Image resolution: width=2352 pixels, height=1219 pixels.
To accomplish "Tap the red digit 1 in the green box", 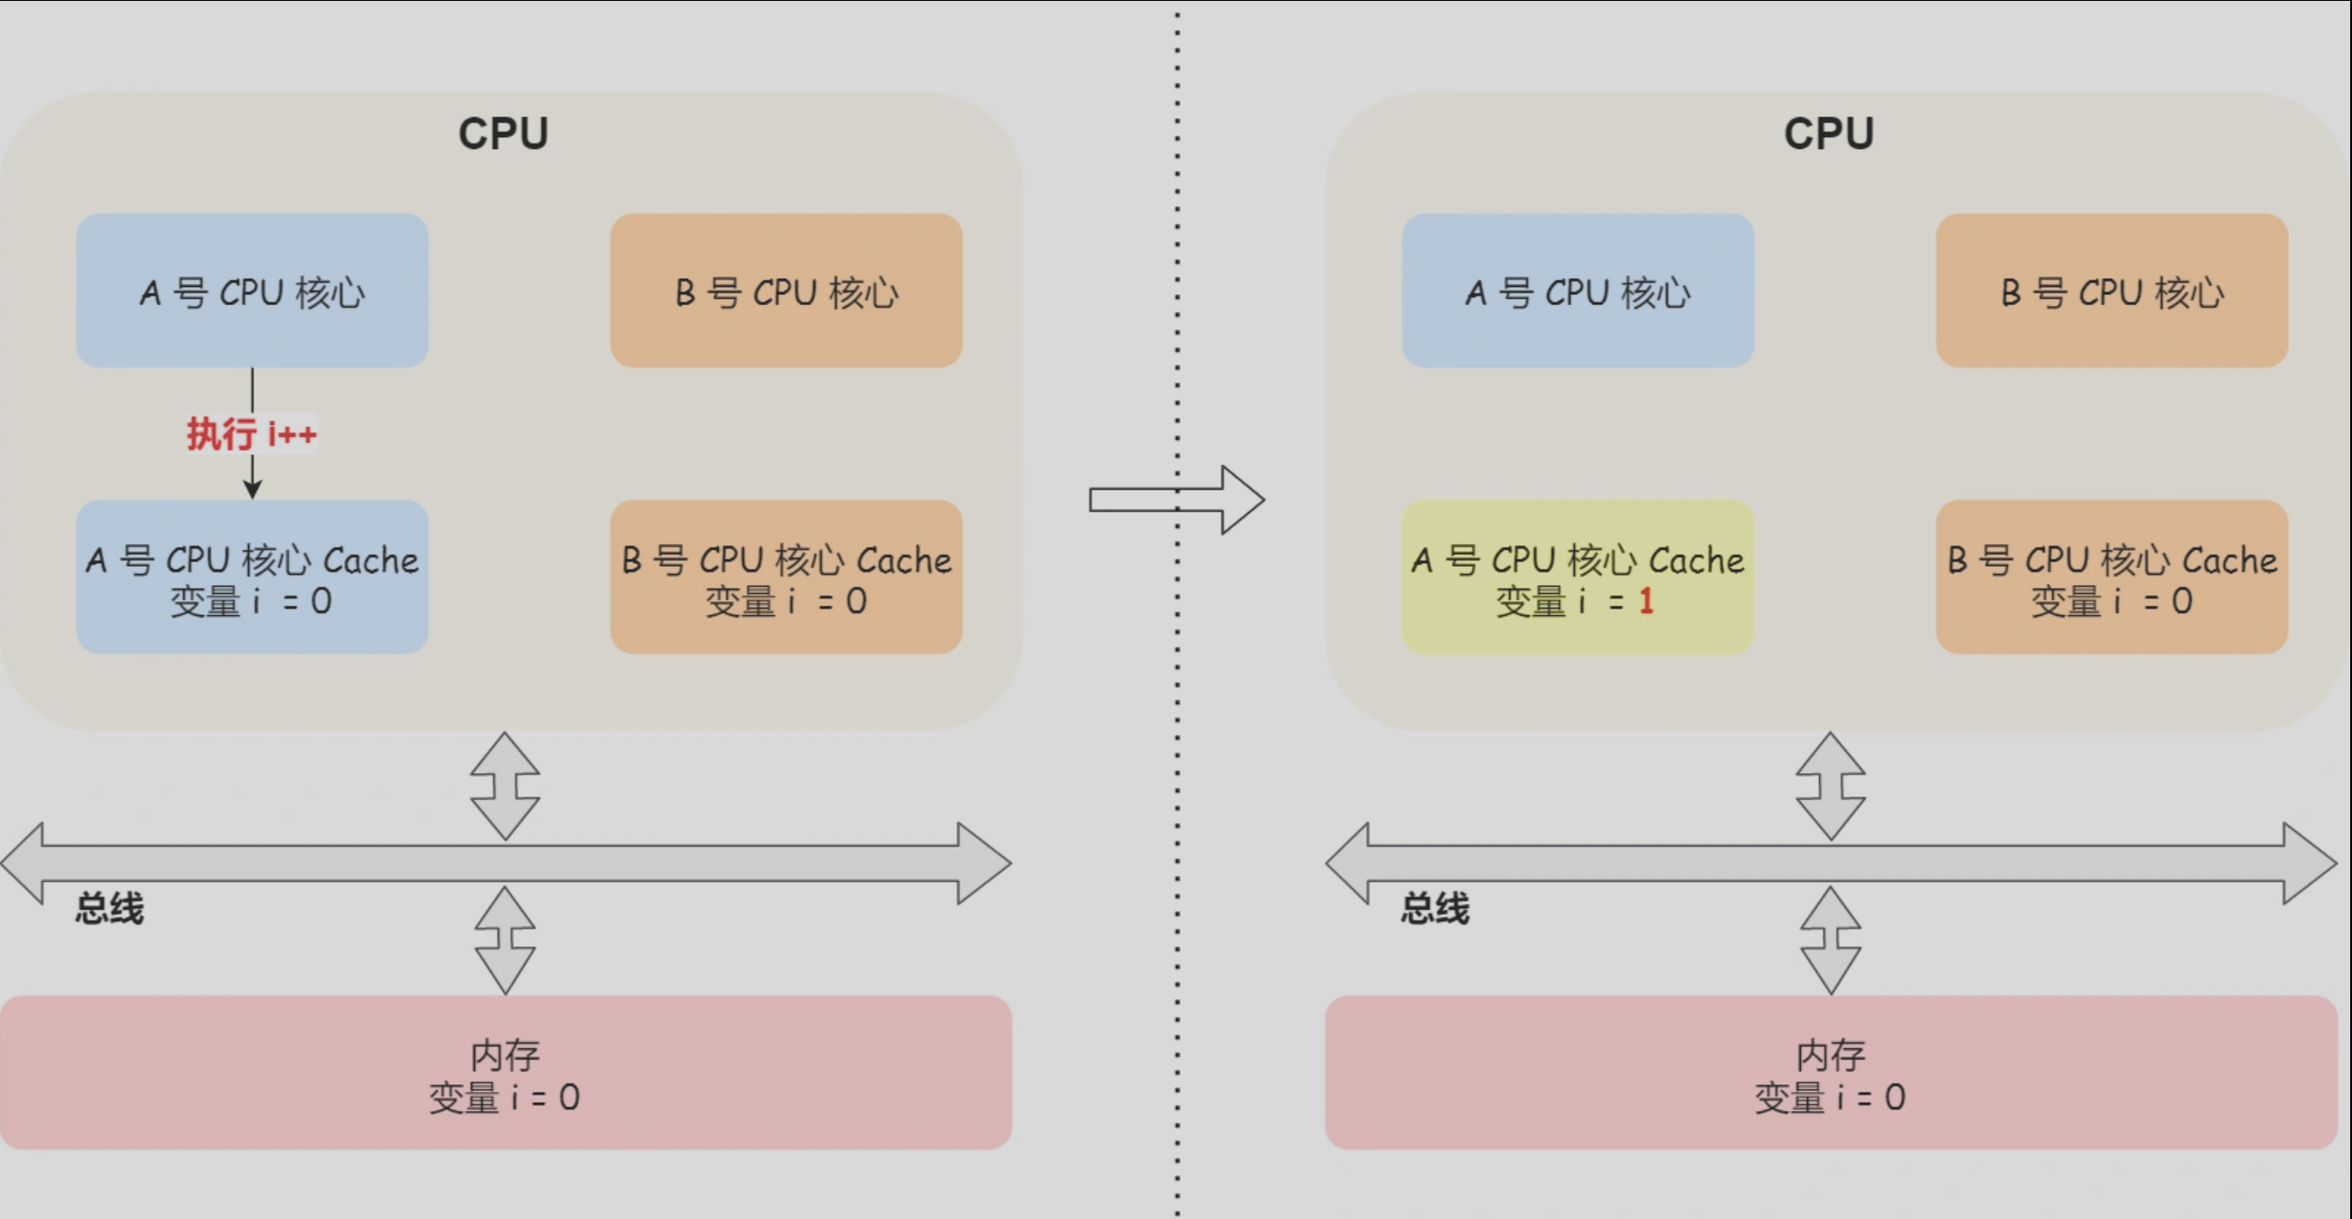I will pyautogui.click(x=1645, y=600).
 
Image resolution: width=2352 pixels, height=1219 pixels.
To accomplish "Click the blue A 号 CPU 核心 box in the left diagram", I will pyautogui.click(x=252, y=292).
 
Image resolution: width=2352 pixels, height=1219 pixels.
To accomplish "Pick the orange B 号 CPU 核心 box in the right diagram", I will pyautogui.click(x=2111, y=292).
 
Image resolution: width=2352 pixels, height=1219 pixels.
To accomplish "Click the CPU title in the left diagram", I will pyautogui.click(x=503, y=134).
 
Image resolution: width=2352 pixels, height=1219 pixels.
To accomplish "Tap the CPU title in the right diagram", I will pyautogui.click(x=1829, y=134).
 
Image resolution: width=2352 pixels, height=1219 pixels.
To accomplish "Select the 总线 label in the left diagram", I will pyautogui.click(x=110, y=908).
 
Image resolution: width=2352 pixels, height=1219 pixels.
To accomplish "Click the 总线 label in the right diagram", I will pyautogui.click(x=1436, y=908).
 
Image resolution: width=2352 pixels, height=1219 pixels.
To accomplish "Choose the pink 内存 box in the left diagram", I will pyautogui.click(x=505, y=1072).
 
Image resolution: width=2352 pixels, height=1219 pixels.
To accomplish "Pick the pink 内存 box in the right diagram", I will pyautogui.click(x=1830, y=1072).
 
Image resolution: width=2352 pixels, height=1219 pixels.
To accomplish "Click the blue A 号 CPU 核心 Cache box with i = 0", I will pyautogui.click(x=252, y=576).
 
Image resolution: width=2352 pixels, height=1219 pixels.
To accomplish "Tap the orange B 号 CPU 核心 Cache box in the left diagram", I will pyautogui.click(x=786, y=576).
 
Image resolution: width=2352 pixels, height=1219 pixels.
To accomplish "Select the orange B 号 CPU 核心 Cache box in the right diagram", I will pyautogui.click(x=2111, y=576).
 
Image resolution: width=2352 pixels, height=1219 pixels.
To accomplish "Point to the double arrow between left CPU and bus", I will pyautogui.click(x=505, y=787).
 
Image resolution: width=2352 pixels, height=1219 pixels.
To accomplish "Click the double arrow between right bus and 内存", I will pyautogui.click(x=1830, y=939).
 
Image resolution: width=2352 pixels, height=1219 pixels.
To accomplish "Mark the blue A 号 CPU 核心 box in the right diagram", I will pyautogui.click(x=1576, y=292).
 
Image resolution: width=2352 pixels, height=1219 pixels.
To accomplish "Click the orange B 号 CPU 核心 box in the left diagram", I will pyautogui.click(x=786, y=292).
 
